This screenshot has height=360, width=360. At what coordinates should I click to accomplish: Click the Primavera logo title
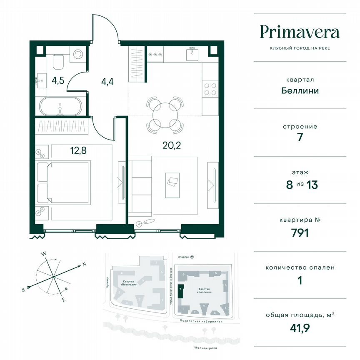point(300,32)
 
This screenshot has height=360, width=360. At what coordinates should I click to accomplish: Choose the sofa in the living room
point(140,183)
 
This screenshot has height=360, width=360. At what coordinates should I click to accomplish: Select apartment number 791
point(300,232)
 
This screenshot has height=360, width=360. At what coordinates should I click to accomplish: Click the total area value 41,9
point(300,327)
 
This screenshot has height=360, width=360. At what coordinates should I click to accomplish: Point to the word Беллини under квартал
point(300,90)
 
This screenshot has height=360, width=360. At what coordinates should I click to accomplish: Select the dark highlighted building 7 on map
point(180,290)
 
